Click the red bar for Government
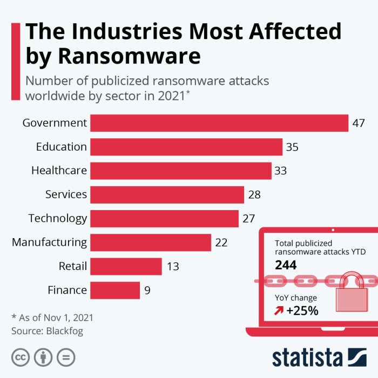point(219,123)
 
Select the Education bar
point(186,147)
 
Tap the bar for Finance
point(114,291)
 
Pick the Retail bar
point(126,266)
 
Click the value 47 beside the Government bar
point(359,123)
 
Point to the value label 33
point(280,171)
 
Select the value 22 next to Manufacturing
point(221,242)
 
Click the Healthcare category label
point(59,171)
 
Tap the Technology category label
point(57,218)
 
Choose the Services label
point(66,194)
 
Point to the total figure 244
point(286,265)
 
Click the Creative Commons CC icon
point(21,357)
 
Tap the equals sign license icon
point(66,357)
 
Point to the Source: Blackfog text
point(48,330)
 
